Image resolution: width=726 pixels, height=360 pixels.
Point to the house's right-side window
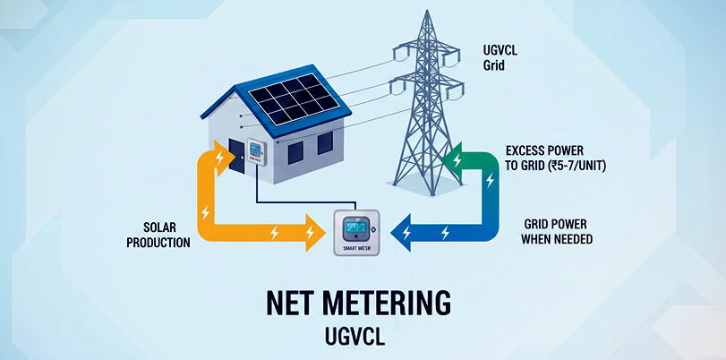324,141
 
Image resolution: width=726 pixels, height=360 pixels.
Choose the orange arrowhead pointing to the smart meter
310,234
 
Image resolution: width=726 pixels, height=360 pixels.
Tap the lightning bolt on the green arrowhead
458,161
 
